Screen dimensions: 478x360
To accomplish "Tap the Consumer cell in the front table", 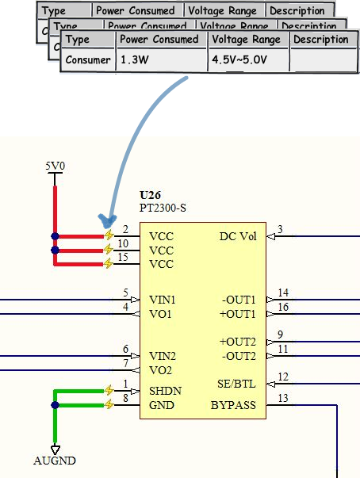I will coord(88,60).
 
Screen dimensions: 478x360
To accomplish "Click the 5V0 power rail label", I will coord(55,166).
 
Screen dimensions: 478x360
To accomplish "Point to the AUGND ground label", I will coord(55,461).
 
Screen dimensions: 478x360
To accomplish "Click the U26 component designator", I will coord(150,195).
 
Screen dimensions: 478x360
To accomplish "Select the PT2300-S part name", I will coord(163,208).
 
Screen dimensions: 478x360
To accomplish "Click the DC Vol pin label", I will coord(238,236).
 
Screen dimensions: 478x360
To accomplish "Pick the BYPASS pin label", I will coord(233,406).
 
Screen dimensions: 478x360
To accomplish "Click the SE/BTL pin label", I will coord(237,384).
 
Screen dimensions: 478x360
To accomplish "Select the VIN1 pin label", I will coord(163,300).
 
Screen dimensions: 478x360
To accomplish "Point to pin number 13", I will coord(283,399).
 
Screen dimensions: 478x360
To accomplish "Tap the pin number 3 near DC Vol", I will coord(280,230).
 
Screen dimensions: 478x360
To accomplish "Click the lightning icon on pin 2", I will coord(109,236).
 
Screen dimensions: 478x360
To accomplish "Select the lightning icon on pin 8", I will coord(109,405).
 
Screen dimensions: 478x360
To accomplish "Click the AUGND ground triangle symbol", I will coord(55,449).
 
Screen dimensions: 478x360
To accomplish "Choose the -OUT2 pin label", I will coord(239,355).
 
